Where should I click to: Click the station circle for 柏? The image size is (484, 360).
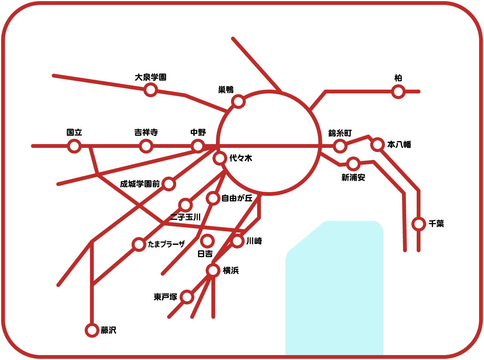pos(398,92)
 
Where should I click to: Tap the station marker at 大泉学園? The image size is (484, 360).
pos(150,90)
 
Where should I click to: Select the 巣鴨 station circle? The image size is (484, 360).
pos(238,101)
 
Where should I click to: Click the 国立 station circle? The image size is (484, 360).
pos(74,146)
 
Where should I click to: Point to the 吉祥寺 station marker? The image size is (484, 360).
pos(146,146)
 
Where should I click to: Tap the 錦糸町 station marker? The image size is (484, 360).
pos(340,146)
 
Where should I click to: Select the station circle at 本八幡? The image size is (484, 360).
pos(377,144)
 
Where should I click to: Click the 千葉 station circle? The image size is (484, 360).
pos(419,224)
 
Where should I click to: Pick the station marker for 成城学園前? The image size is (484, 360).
pos(169,184)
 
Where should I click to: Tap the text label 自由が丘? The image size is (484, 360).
pos(237,198)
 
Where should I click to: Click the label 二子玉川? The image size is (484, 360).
pos(185,217)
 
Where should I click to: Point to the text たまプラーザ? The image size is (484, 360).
pos(166,244)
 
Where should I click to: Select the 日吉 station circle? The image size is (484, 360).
pos(207,241)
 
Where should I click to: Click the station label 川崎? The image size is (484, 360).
pos(254,241)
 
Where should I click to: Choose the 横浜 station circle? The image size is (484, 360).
pos(213,270)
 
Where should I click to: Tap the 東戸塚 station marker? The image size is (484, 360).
pos(187,297)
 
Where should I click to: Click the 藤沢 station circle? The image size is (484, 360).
pos(92,330)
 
